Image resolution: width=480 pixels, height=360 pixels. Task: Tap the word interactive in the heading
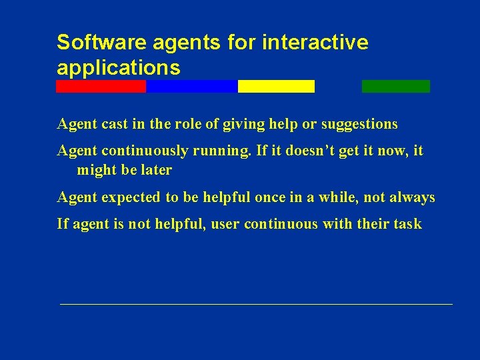[315, 42]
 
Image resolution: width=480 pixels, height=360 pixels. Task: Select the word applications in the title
[118, 67]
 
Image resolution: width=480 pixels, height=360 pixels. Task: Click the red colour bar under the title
[101, 86]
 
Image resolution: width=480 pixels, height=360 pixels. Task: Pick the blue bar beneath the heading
[191, 86]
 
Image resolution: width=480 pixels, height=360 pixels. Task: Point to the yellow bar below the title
[276, 86]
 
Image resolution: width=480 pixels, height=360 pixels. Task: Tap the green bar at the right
[395, 86]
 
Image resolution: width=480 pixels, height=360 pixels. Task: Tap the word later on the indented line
[156, 170]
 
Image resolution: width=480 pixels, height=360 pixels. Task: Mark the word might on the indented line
[95, 170]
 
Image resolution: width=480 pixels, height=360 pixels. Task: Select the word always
[413, 197]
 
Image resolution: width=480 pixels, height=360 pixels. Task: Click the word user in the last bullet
[225, 224]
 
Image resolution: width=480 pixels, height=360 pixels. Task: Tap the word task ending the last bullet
[407, 224]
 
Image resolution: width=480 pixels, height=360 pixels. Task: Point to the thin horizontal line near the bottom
[256, 304]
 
